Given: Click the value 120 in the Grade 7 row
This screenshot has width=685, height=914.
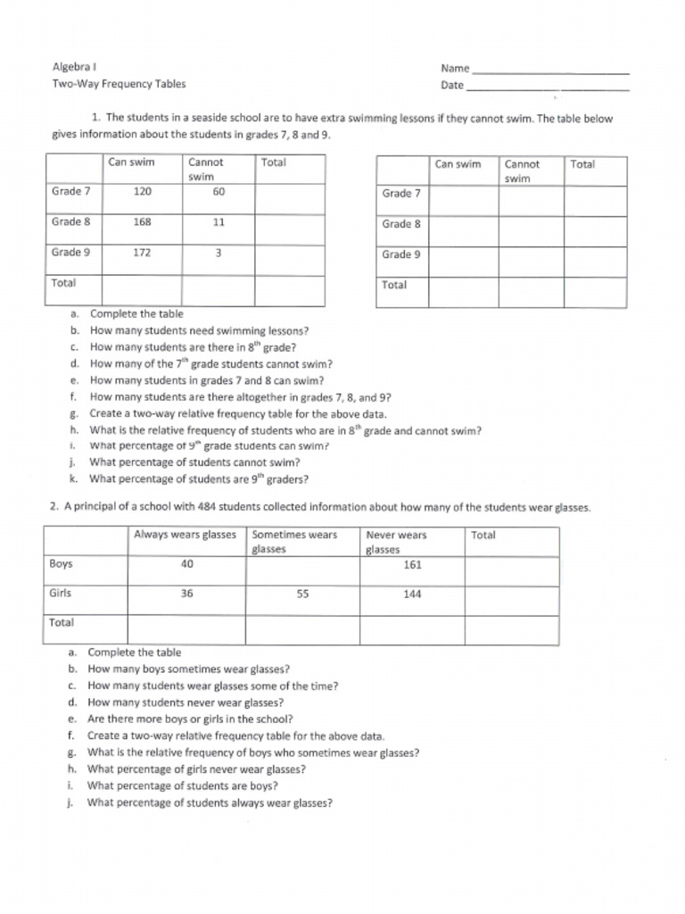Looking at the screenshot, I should [143, 191].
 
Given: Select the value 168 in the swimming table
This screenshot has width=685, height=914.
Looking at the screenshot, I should [143, 222].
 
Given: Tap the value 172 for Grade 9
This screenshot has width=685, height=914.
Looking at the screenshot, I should [143, 253].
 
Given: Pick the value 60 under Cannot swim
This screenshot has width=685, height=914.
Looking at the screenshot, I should [219, 191].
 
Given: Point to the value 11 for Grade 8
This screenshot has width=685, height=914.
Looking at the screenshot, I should [219, 222].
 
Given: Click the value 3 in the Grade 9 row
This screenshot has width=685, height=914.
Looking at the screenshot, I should [219, 253].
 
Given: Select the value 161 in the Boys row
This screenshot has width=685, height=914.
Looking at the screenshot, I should [412, 564].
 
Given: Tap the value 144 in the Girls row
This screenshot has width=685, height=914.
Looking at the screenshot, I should [412, 594].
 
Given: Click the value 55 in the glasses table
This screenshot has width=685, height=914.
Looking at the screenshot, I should [302, 594].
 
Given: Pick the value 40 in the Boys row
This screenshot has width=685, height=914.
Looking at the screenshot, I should [186, 564].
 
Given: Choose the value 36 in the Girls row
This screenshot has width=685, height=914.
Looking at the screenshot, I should [186, 594].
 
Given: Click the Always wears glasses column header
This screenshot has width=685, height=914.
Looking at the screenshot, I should [185, 535].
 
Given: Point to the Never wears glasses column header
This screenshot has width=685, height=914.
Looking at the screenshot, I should [396, 542].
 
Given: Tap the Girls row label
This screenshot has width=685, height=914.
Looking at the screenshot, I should [61, 593].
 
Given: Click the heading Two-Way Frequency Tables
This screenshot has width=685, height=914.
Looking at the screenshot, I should [119, 85].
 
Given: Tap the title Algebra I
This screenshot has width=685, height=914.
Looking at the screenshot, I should [74, 68].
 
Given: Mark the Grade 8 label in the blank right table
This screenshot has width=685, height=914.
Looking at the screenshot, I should [401, 224].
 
